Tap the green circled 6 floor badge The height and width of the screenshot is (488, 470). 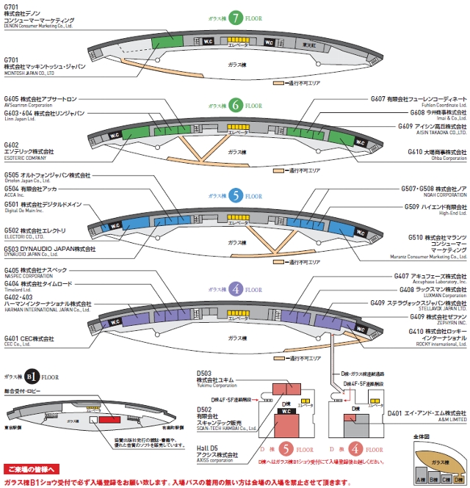[x=236, y=106]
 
